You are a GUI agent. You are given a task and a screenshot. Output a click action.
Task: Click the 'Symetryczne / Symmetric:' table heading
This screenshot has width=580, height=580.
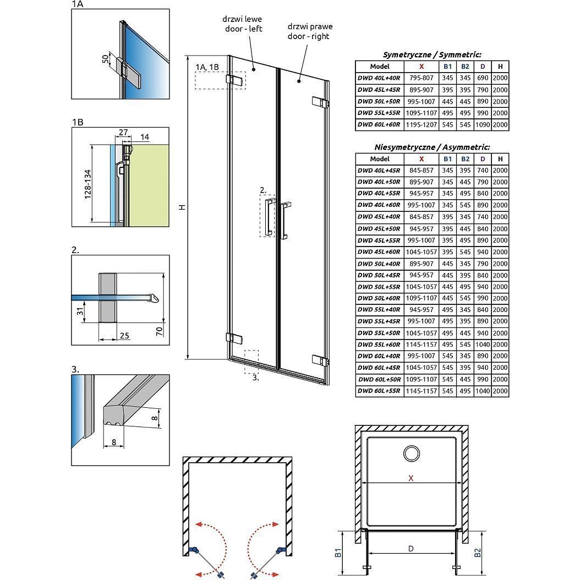coord(432,54)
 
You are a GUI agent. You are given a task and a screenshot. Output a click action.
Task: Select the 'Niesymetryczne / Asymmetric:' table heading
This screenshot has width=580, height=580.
coord(432,147)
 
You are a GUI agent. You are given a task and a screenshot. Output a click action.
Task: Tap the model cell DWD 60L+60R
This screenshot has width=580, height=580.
coord(379,125)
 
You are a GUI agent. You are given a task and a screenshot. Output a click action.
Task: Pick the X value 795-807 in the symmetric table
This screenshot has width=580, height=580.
coord(422,78)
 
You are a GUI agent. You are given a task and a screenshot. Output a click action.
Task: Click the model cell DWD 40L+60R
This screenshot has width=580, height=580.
coord(379,205)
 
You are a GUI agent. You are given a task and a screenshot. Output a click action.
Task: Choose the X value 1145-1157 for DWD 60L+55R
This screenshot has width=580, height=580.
coord(422,391)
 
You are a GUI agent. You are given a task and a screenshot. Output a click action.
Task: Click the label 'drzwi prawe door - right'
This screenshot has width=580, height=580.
coord(310,30)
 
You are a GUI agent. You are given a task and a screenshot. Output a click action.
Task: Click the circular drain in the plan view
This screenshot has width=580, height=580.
coord(411,453)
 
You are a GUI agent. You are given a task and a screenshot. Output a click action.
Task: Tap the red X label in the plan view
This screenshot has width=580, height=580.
coord(411,478)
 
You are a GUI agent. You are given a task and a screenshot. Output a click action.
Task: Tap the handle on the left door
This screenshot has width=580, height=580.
coord(268,218)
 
